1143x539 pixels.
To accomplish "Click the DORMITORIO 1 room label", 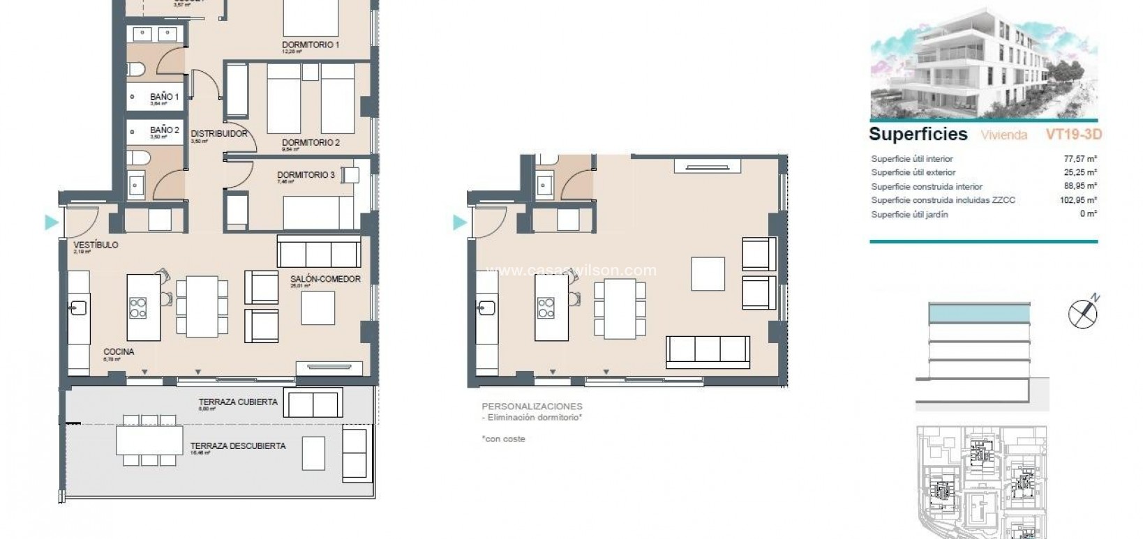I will pyautogui.click(x=310, y=45).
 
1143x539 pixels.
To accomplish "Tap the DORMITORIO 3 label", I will pyautogui.click(x=305, y=175).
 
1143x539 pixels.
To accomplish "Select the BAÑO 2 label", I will pyautogui.click(x=165, y=130).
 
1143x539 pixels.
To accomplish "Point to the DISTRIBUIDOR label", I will pyautogui.click(x=218, y=134).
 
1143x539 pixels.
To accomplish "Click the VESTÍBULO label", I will pyautogui.click(x=96, y=245).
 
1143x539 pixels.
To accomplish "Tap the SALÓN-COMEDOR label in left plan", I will pyautogui.click(x=325, y=279).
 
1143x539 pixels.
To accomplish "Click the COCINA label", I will pyautogui.click(x=119, y=352).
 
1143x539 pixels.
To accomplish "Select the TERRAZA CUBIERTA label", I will pyautogui.click(x=238, y=402).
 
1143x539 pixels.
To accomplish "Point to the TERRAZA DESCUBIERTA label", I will pyautogui.click(x=238, y=446).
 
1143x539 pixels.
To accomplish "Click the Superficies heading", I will pyautogui.click(x=918, y=134).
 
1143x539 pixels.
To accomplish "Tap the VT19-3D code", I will pyautogui.click(x=1073, y=135).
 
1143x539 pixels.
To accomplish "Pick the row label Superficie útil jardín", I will pyautogui.click(x=909, y=215).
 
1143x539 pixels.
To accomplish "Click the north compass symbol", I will pyautogui.click(x=1083, y=312).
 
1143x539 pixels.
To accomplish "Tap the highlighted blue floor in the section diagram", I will pyautogui.click(x=979, y=314).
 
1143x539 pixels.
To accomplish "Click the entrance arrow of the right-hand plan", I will pyautogui.click(x=460, y=222).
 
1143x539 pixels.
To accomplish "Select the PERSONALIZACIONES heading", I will pyautogui.click(x=532, y=407).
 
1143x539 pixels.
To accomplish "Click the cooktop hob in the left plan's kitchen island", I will pyautogui.click(x=138, y=308).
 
